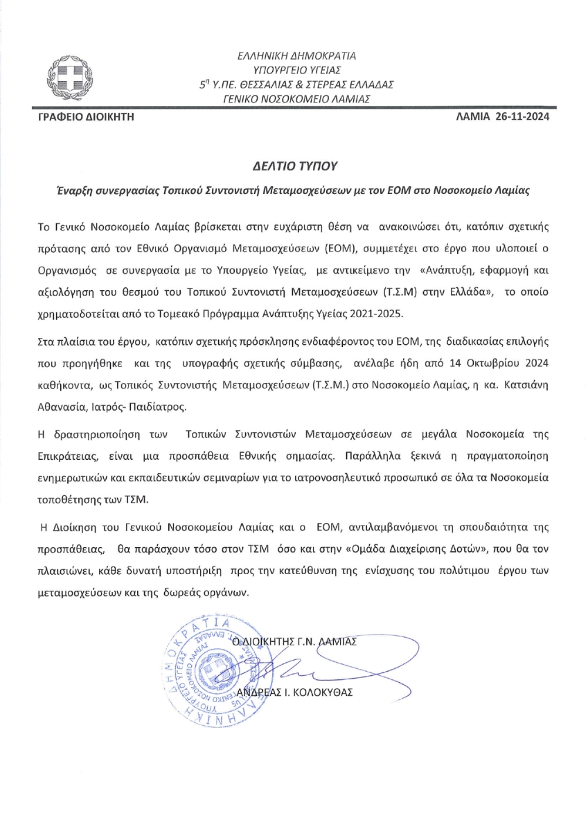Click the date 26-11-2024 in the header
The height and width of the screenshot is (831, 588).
click(x=522, y=118)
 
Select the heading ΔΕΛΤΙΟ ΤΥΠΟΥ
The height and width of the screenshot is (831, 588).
click(x=294, y=166)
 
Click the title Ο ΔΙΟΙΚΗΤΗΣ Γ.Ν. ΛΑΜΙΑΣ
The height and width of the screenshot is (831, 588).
click(x=294, y=641)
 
